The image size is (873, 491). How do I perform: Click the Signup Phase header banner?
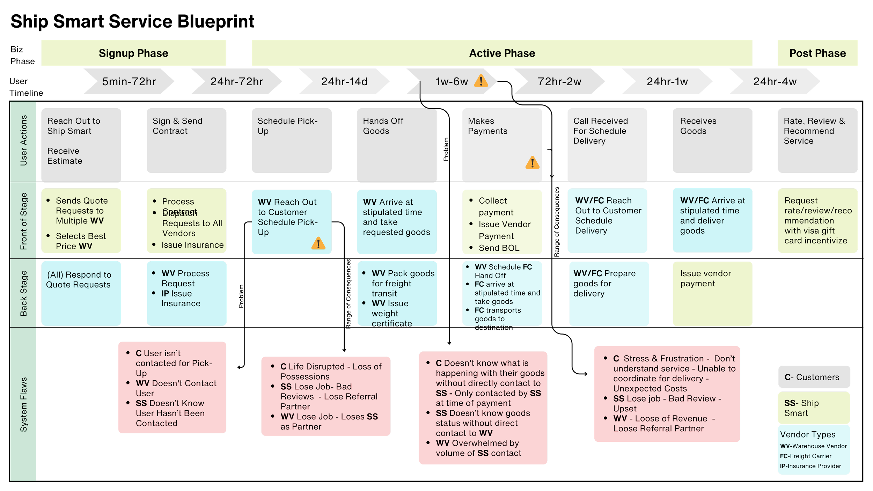point(133,53)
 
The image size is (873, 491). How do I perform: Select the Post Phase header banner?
point(817,53)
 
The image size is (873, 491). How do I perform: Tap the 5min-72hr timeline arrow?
point(129,81)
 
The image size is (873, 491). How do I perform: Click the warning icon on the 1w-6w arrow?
point(481,81)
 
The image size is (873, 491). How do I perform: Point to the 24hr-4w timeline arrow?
point(775,81)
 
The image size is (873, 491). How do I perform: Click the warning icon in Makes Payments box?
point(532,163)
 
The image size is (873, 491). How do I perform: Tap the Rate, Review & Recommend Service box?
point(817,140)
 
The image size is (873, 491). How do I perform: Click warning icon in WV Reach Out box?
point(318,243)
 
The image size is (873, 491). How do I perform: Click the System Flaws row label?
point(23,404)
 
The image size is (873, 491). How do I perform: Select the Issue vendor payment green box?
point(712,293)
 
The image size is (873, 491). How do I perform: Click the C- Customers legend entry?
point(814,377)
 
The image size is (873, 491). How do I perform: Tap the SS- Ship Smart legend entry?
point(814,408)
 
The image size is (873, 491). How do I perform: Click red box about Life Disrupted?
point(325,396)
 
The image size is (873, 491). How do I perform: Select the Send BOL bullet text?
point(499,248)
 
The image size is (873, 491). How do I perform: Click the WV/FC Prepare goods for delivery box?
point(609,293)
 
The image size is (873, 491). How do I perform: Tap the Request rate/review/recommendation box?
point(817,221)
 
